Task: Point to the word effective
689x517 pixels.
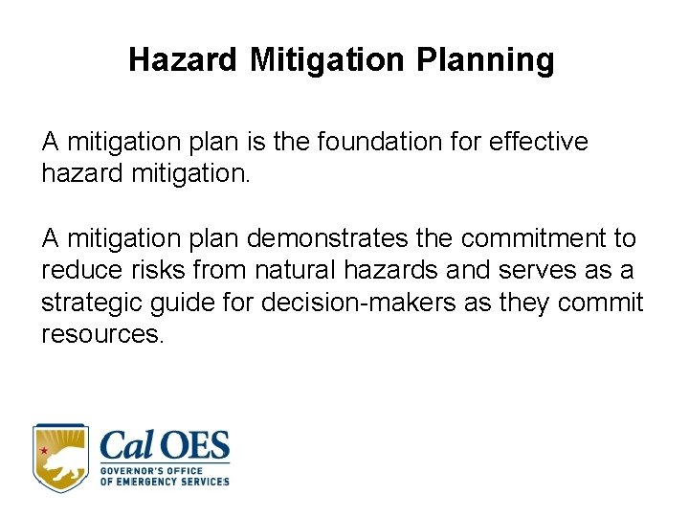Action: click(538, 142)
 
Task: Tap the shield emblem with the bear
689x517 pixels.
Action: click(60, 458)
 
